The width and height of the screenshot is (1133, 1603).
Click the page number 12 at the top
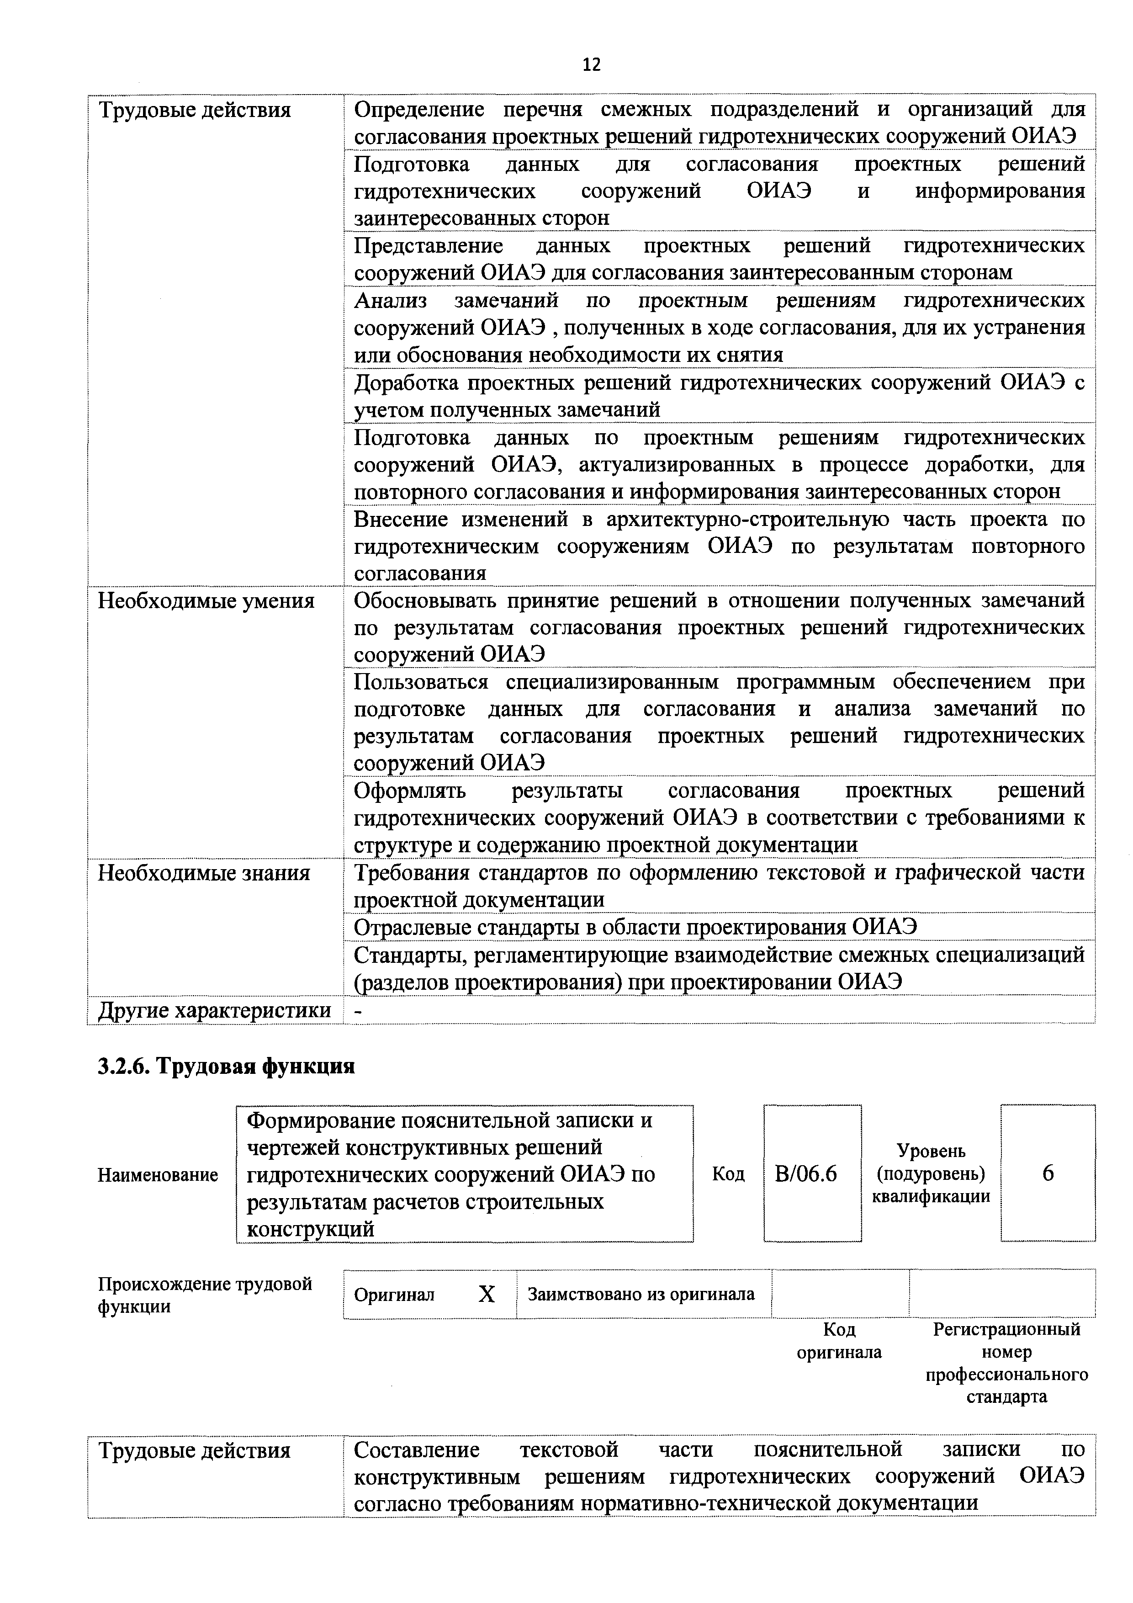[591, 65]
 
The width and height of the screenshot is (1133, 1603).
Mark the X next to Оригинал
[487, 1295]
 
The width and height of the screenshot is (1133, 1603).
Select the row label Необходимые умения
[206, 601]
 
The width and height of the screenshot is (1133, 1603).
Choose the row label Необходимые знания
[204, 873]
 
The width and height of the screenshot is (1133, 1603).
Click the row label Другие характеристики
[214, 1010]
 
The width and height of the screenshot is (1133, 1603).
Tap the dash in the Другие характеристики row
[359, 1010]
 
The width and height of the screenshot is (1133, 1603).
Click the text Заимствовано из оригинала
[641, 1295]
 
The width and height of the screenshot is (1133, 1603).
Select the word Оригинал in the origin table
[394, 1295]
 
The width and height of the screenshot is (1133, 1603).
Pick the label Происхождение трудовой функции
[205, 1295]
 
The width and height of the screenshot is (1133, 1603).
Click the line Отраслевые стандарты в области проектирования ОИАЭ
[635, 927]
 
